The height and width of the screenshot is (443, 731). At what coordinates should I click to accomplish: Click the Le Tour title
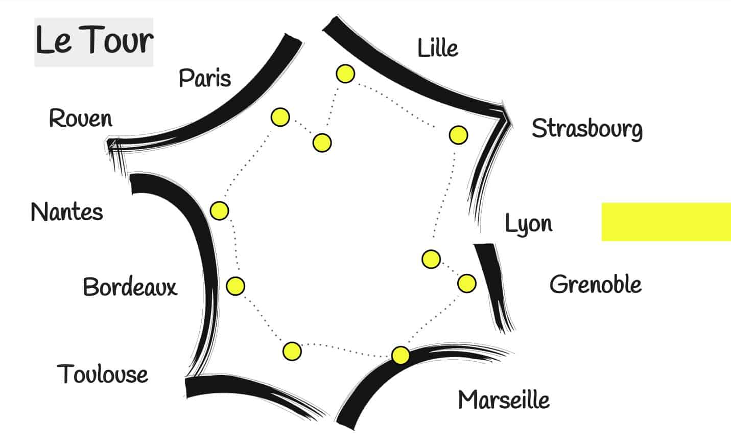click(x=94, y=41)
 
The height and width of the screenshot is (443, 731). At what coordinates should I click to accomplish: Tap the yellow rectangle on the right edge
click(x=666, y=222)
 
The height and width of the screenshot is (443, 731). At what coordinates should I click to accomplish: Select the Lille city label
click(x=438, y=49)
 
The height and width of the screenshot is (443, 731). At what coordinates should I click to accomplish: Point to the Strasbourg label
click(x=587, y=129)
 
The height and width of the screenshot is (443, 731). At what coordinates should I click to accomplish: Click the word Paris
click(x=205, y=78)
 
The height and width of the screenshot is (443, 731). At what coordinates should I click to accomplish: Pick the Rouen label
click(x=81, y=119)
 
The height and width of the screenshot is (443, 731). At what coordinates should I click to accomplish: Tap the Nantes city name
click(x=67, y=212)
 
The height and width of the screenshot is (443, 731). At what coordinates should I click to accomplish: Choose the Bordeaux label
click(x=130, y=287)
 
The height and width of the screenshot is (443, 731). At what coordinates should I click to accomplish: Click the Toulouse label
click(x=103, y=375)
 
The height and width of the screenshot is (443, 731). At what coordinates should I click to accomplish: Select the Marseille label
click(x=504, y=400)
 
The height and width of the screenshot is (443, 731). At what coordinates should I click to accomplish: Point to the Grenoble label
click(x=596, y=284)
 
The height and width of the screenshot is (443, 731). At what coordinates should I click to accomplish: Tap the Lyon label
click(x=529, y=224)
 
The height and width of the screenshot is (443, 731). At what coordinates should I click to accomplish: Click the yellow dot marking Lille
click(x=345, y=74)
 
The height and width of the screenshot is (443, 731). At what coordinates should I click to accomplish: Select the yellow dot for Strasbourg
click(x=458, y=135)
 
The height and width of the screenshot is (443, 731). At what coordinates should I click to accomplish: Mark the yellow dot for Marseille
click(x=400, y=355)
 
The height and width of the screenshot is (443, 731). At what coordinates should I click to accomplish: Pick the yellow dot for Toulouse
click(x=292, y=351)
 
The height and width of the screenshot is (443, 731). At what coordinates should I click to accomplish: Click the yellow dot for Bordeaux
click(x=235, y=286)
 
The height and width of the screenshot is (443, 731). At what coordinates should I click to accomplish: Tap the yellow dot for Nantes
click(x=220, y=211)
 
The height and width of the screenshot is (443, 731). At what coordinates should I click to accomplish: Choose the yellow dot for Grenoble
click(x=466, y=283)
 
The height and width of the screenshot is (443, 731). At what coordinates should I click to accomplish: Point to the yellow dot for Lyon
click(x=431, y=259)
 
